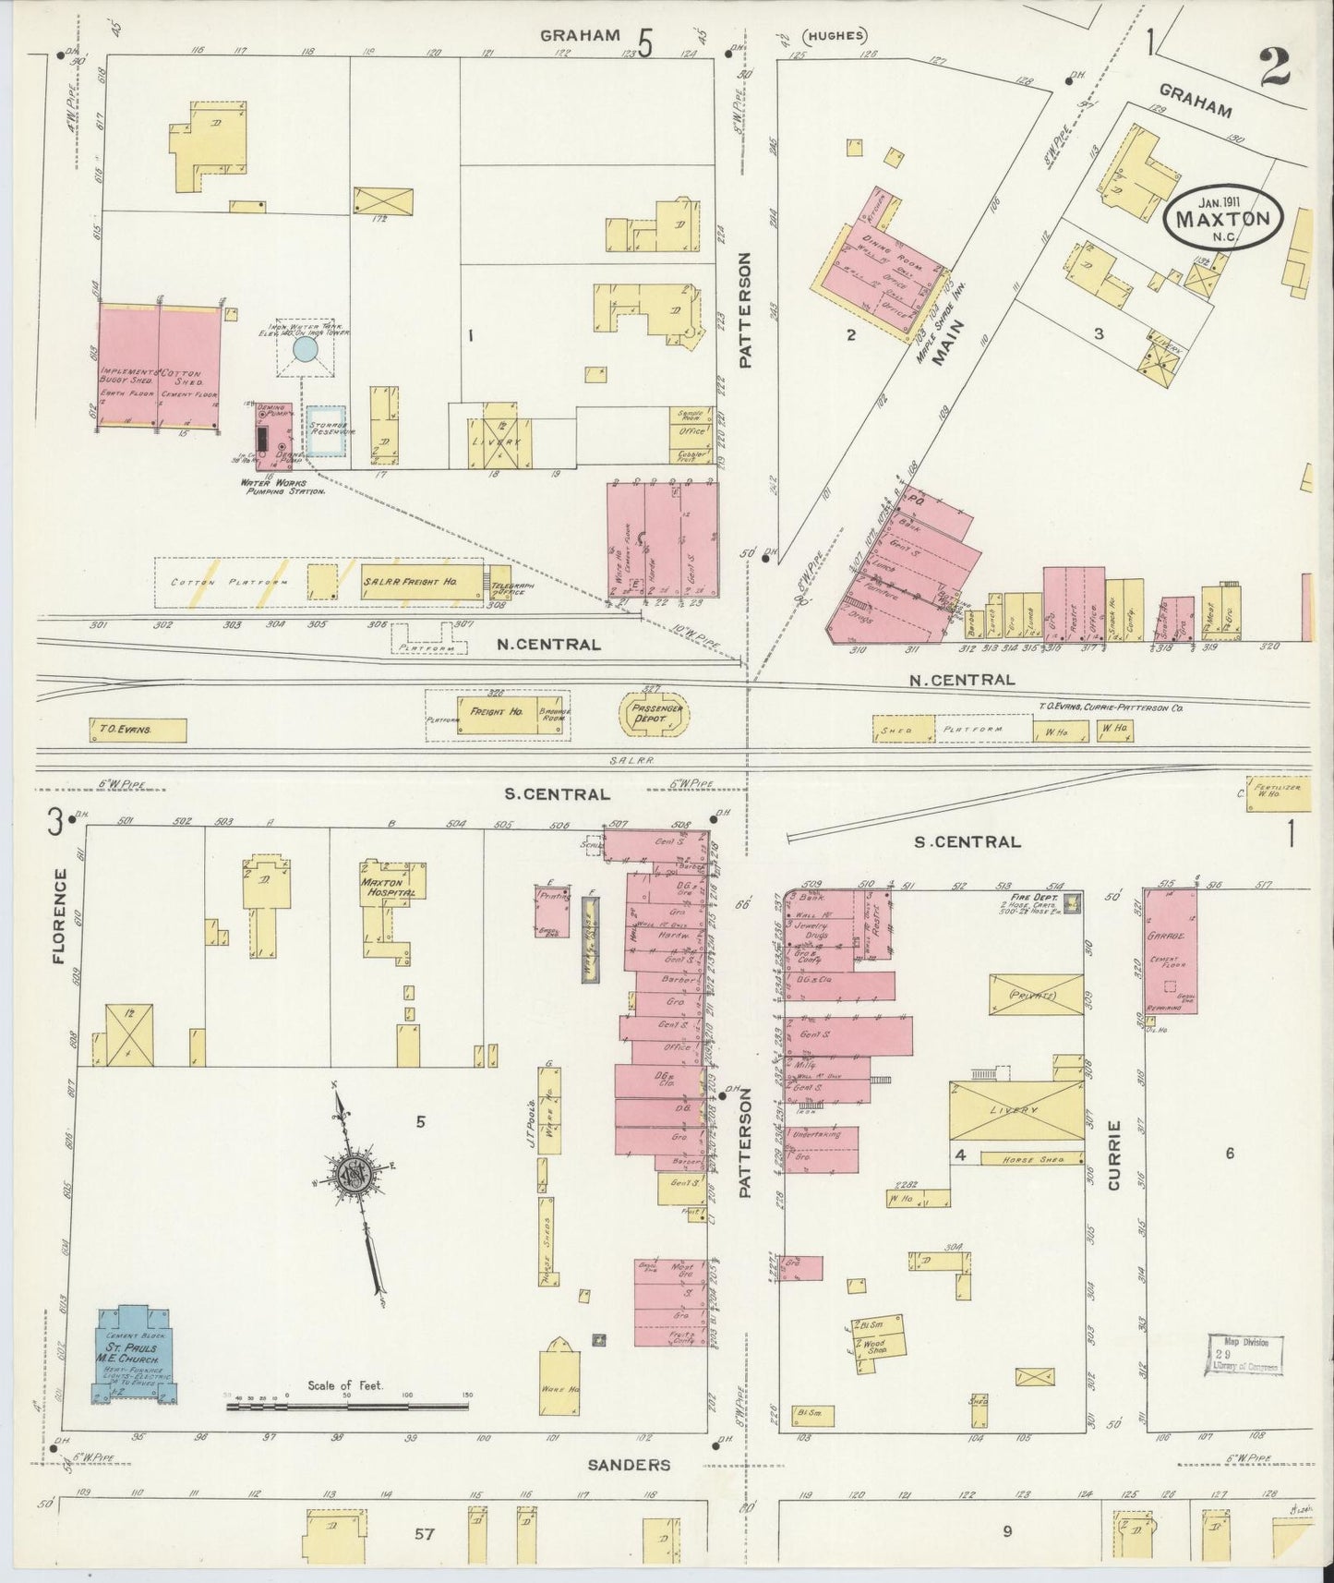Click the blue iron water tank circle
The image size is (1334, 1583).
305,349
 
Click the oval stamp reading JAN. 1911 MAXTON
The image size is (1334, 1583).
1224,220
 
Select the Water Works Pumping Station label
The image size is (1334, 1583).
282,487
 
